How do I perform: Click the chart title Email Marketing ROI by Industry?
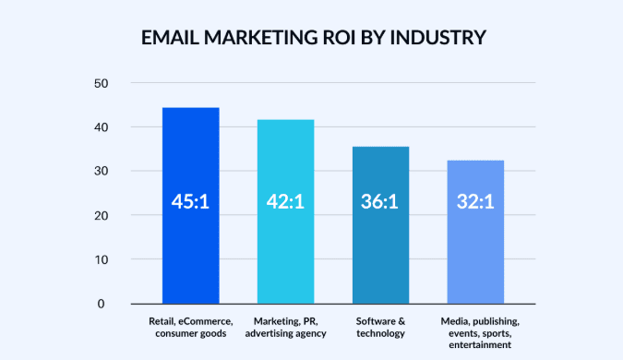click(x=312, y=39)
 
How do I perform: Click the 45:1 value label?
click(x=190, y=200)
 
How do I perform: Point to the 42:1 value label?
click(x=285, y=200)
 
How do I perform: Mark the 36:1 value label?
click(x=380, y=200)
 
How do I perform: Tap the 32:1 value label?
click(x=475, y=200)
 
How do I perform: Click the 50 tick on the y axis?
click(x=101, y=83)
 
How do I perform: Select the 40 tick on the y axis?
click(x=101, y=127)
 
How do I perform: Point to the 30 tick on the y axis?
click(x=101, y=172)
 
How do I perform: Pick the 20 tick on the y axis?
click(x=101, y=216)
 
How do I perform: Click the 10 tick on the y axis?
click(x=101, y=260)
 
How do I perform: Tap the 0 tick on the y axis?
click(x=104, y=304)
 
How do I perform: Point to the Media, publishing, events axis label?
click(x=475, y=332)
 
